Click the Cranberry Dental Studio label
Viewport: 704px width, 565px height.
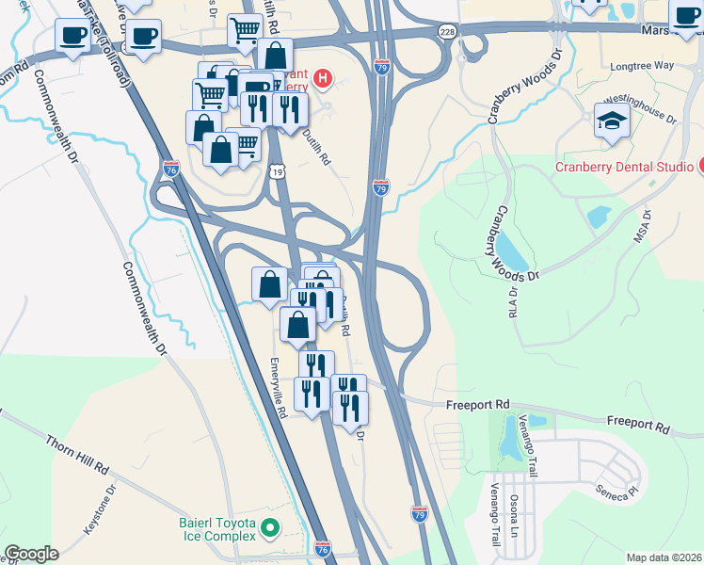click(623, 168)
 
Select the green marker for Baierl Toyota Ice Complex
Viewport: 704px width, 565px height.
click(270, 528)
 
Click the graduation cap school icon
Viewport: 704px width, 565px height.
click(612, 121)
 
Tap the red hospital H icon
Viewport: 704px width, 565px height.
click(323, 77)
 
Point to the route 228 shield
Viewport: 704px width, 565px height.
click(446, 31)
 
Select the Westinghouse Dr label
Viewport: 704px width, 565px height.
click(640, 108)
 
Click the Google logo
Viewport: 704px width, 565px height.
click(32, 554)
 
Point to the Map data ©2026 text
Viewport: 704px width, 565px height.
click(663, 557)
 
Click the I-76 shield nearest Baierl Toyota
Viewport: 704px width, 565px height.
click(323, 547)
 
